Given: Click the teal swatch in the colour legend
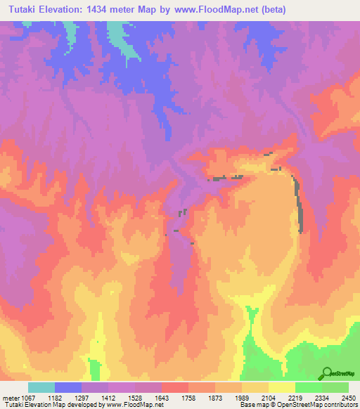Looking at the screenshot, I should coord(41,387).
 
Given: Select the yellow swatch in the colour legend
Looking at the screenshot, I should coord(281,387).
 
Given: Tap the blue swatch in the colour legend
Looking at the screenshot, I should coord(68,387).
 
